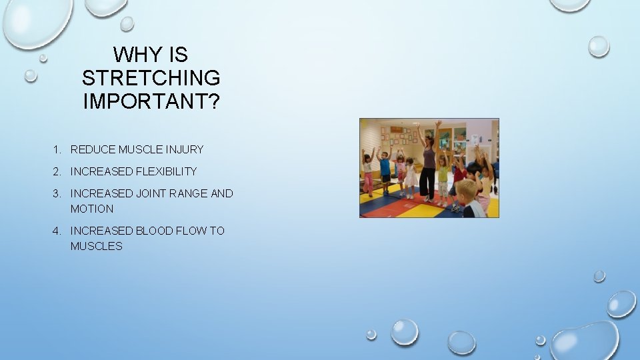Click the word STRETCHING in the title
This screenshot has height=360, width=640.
pyautogui.click(x=151, y=78)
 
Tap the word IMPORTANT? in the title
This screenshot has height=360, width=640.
pyautogui.click(x=151, y=101)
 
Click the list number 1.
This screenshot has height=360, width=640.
pyautogui.click(x=58, y=149)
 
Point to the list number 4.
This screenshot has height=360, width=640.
pyautogui.click(x=58, y=231)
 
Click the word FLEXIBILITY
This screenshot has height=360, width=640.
pyautogui.click(x=166, y=171)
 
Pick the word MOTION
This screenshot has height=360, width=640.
pyautogui.click(x=92, y=209)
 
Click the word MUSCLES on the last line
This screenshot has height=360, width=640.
pyautogui.click(x=96, y=246)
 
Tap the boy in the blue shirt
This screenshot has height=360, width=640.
pyautogui.click(x=385, y=167)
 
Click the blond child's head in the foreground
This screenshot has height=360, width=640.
pyautogui.click(x=467, y=191)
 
